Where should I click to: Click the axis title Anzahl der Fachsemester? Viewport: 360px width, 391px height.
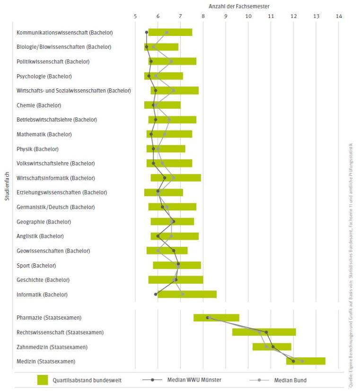(239, 6)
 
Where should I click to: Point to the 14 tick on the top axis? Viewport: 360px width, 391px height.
(339, 16)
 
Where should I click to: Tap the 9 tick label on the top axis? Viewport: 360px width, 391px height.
(226, 16)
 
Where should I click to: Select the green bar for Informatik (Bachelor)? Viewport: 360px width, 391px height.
(187, 294)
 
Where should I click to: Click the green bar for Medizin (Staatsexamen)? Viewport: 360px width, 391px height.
(306, 361)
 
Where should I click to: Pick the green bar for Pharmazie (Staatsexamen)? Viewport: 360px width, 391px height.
(216, 318)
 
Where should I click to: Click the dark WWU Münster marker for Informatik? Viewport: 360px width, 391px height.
(156, 294)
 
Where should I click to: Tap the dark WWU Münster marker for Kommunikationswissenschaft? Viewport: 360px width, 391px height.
(147, 32)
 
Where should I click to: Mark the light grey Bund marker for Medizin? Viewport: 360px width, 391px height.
(302, 361)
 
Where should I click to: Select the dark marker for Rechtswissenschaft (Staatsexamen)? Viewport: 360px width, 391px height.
(266, 332)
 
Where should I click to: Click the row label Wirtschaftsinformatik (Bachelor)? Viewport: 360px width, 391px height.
(56, 178)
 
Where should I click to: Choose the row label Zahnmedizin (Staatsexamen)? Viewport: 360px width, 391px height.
(52, 347)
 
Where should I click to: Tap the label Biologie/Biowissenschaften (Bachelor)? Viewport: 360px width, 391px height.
(64, 47)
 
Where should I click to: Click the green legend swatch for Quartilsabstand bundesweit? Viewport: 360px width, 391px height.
(44, 380)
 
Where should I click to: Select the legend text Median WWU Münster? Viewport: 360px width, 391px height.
(194, 380)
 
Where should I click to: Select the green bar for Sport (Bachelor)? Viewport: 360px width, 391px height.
(177, 265)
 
